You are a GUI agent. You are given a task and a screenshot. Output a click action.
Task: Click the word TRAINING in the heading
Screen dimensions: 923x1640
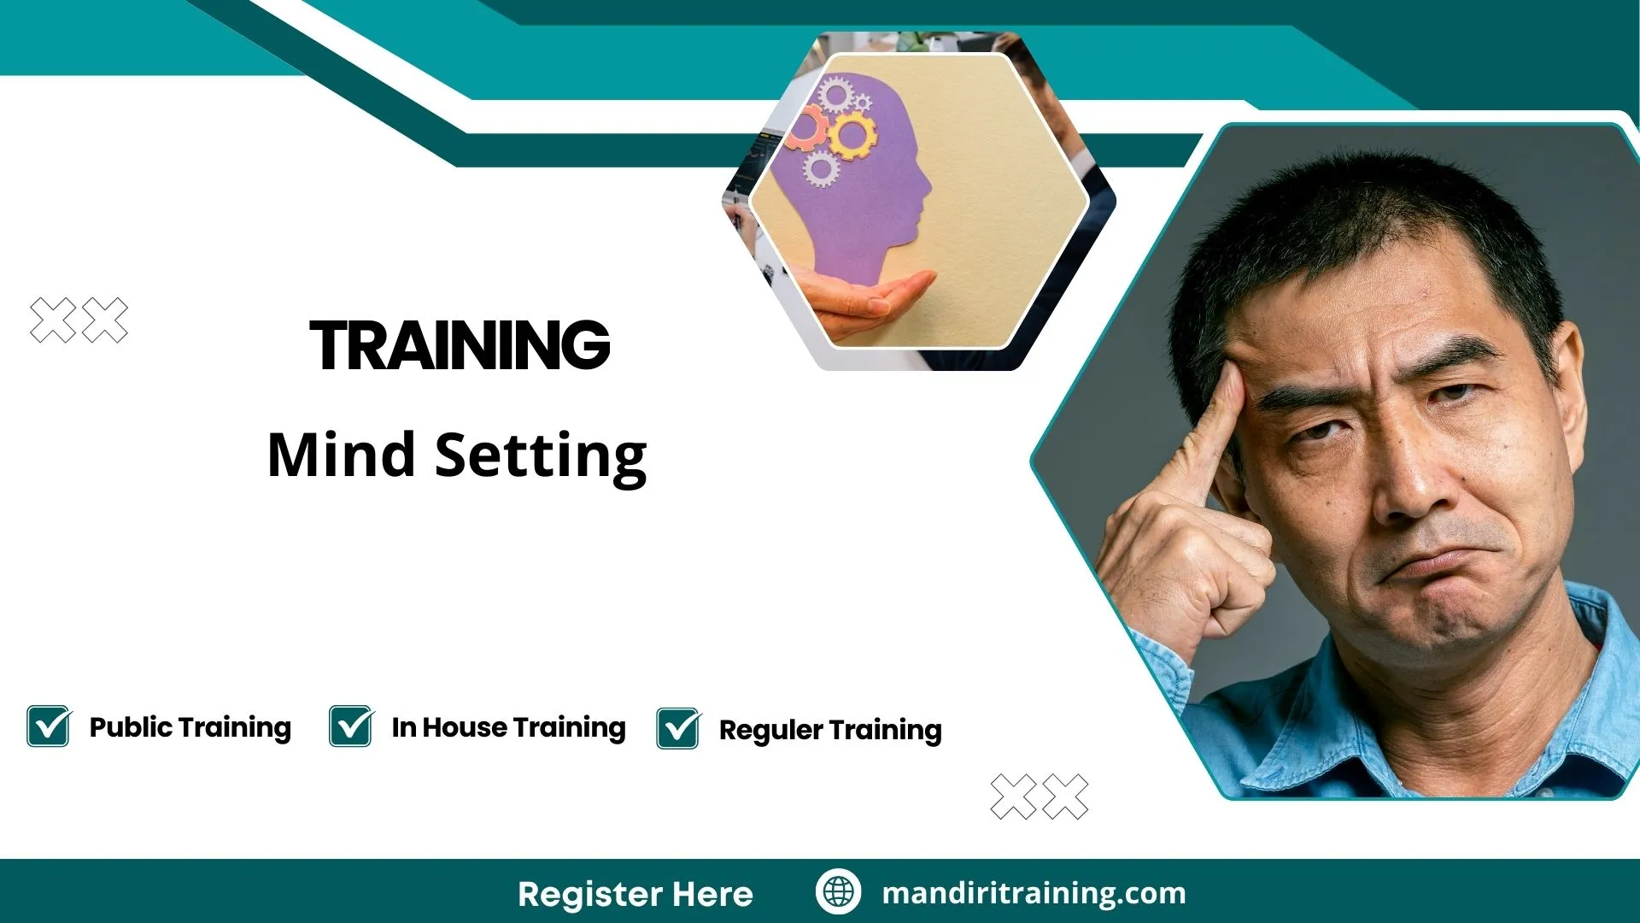(x=460, y=345)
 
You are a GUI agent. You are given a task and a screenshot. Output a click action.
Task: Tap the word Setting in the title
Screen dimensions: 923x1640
(x=541, y=456)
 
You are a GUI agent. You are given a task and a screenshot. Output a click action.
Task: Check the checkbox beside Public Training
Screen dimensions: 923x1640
(x=48, y=726)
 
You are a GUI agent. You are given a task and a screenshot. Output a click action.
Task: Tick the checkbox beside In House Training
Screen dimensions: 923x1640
(x=350, y=726)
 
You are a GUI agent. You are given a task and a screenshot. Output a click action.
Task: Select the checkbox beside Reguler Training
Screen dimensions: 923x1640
(x=678, y=729)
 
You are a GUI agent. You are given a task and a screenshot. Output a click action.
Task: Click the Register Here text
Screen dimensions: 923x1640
(x=635, y=894)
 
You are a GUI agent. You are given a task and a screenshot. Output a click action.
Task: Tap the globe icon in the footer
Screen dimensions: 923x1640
(x=838, y=892)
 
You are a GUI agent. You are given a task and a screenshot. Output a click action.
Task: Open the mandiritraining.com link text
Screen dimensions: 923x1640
(x=1034, y=893)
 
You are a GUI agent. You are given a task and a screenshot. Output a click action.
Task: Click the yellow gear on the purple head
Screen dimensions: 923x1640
(x=852, y=134)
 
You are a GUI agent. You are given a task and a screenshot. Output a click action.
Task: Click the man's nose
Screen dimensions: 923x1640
(x=1409, y=479)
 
